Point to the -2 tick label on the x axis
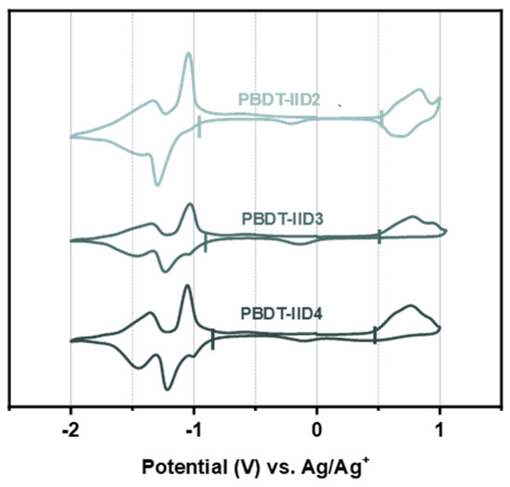pyautogui.click(x=70, y=430)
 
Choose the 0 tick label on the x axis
pyautogui.click(x=317, y=430)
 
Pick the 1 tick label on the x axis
pyautogui.click(x=440, y=430)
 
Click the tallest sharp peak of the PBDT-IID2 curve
pyautogui.click(x=189, y=55)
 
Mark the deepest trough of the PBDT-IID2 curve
pyautogui.click(x=157, y=184)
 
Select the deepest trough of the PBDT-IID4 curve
pyautogui.click(x=167, y=388)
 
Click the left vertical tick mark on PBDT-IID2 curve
pyautogui.click(x=199, y=126)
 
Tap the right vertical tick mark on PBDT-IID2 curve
pyautogui.click(x=381, y=117)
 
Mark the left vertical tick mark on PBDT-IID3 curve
pyautogui.click(x=205, y=242)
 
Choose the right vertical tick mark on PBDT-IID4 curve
pyautogui.click(x=375, y=335)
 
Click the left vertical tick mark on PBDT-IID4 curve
pyautogui.click(x=213, y=340)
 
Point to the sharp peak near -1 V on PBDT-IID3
pyautogui.click(x=190, y=205)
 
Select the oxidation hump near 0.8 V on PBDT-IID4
pyautogui.click(x=410, y=306)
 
